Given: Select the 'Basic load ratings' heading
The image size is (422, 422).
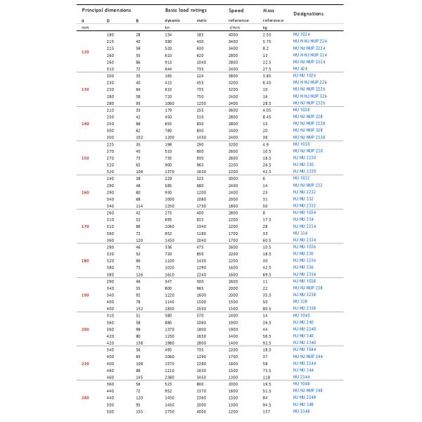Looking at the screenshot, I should (x=186, y=11).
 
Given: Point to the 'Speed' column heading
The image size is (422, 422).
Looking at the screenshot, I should (x=236, y=11).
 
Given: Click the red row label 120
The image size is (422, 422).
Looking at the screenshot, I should (x=85, y=53).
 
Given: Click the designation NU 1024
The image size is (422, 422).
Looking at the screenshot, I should (x=302, y=34).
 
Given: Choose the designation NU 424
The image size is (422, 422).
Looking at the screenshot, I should (x=300, y=69).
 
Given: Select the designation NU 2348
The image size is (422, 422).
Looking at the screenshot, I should (x=302, y=411).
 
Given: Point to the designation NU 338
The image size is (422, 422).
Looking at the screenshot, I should (x=300, y=301).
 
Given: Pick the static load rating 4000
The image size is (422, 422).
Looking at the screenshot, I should (x=200, y=411).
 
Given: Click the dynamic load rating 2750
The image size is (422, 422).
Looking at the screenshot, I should (x=170, y=411).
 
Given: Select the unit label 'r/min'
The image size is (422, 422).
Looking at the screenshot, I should (x=234, y=27).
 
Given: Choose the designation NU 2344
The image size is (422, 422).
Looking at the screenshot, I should (x=302, y=376).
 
